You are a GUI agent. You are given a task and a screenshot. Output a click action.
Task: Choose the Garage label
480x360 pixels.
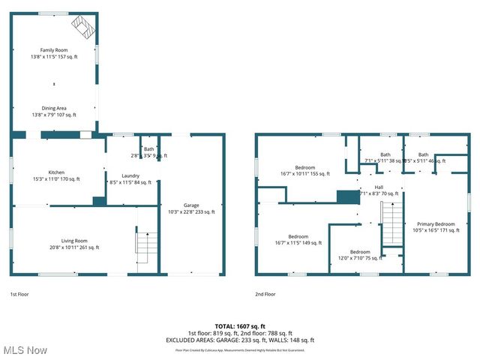tap(191, 208)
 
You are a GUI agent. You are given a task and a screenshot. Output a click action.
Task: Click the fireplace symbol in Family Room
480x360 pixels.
tap(83, 28)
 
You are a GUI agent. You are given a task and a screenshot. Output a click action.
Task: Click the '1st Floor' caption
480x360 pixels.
tap(20, 295)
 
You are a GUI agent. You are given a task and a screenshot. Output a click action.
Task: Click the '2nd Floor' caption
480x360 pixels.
tap(265, 295)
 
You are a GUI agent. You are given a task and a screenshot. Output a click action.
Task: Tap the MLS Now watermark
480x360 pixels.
tap(25, 350)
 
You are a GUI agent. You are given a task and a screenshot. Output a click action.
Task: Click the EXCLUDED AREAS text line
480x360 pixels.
tap(240, 340)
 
